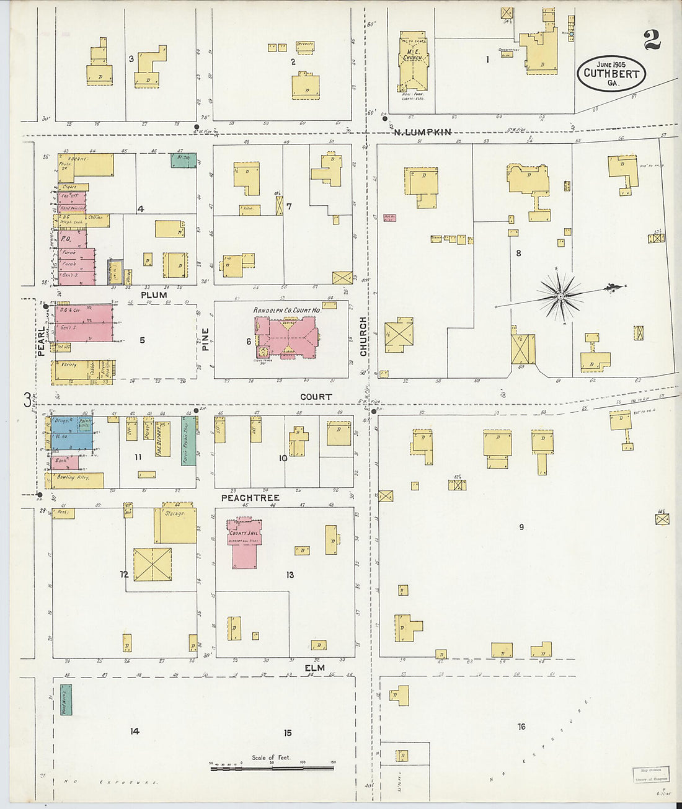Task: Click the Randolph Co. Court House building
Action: click(286, 336)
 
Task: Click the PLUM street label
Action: click(154, 295)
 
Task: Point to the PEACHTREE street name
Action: click(250, 498)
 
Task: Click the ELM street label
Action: click(314, 668)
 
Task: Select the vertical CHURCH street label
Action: click(364, 337)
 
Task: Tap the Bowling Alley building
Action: click(75, 479)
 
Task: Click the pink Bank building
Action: click(64, 462)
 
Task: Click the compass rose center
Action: click(560, 296)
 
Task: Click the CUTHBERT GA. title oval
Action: click(611, 73)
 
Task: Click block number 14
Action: click(135, 732)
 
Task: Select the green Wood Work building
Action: click(66, 700)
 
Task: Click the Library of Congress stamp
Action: click(650, 774)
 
